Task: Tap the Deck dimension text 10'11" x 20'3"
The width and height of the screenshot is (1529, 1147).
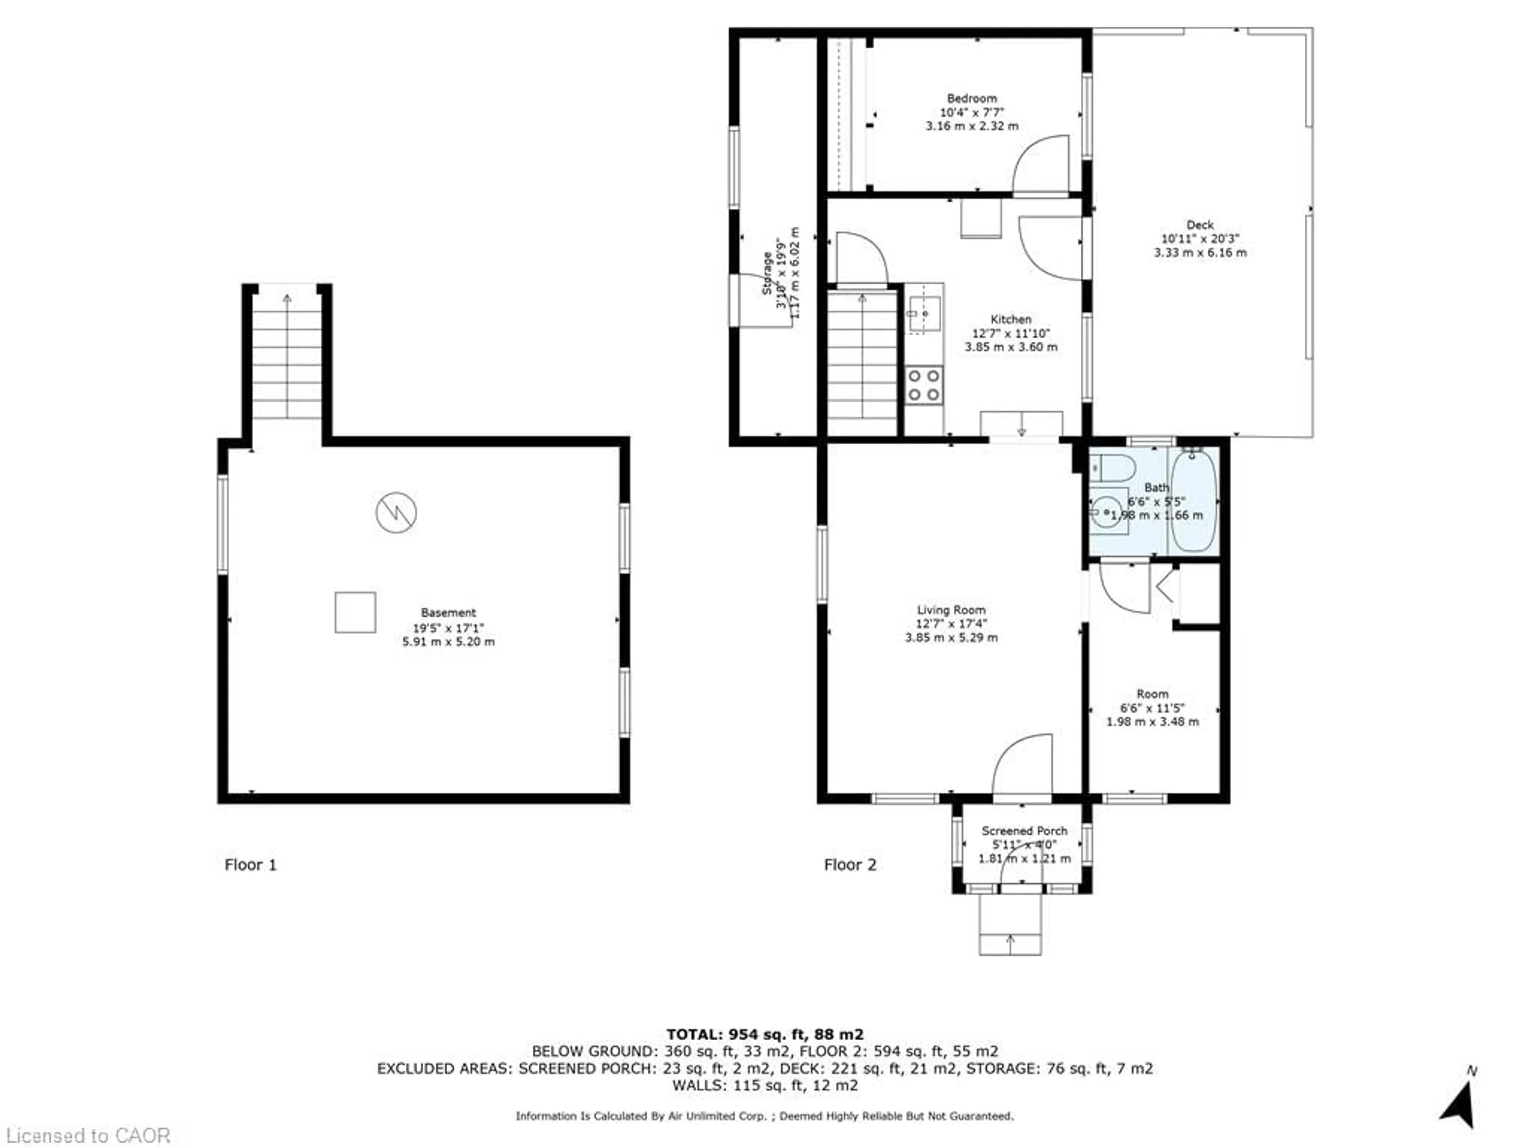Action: click(1200, 239)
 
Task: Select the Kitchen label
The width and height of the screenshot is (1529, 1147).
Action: click(1011, 319)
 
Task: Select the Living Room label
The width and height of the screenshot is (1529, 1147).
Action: click(951, 610)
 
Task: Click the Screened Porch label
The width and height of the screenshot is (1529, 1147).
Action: click(1025, 830)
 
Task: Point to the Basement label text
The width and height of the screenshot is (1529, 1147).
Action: click(448, 613)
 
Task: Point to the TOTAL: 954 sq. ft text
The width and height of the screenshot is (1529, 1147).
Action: click(764, 1034)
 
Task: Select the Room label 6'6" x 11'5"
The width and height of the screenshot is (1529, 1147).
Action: click(1152, 707)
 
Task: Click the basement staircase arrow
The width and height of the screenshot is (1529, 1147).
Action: click(287, 299)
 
